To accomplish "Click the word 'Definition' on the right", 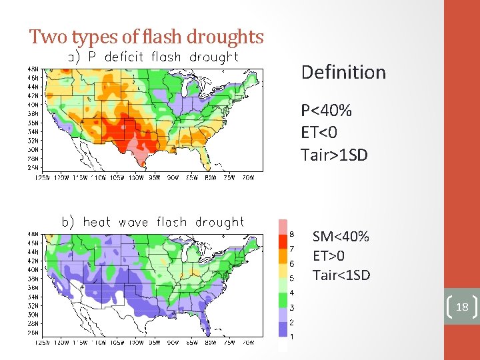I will [x=343, y=72].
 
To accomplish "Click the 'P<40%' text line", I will [x=326, y=110].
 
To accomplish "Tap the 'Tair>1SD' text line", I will [x=334, y=155].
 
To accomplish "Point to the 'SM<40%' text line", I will [x=341, y=237].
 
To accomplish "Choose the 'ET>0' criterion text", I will [x=329, y=256].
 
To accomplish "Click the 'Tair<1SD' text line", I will [x=341, y=275].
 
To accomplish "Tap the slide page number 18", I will [x=462, y=307].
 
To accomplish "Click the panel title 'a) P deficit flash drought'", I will [x=153, y=57].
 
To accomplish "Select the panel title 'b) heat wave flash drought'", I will [x=153, y=222].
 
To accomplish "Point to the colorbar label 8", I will [x=291, y=234].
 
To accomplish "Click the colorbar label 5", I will [x=291, y=278].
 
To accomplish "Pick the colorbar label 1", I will [x=291, y=337].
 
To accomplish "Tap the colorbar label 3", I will [x=291, y=307].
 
